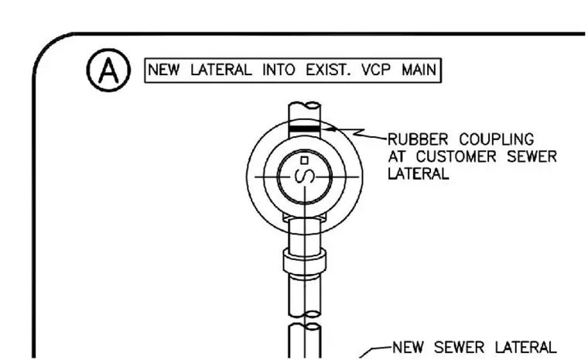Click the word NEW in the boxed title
point(163,70)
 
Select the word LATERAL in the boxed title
point(221,70)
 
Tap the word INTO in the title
point(279,70)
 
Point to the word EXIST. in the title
point(328,70)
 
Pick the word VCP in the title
point(376,70)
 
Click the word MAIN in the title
point(419,70)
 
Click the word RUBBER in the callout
point(417,139)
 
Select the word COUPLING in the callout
point(497,139)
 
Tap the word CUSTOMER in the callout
point(456,156)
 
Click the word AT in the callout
point(397,156)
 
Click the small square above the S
point(305,161)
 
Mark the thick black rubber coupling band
point(305,129)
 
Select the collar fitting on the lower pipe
point(305,261)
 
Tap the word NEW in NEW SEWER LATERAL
point(409,348)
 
